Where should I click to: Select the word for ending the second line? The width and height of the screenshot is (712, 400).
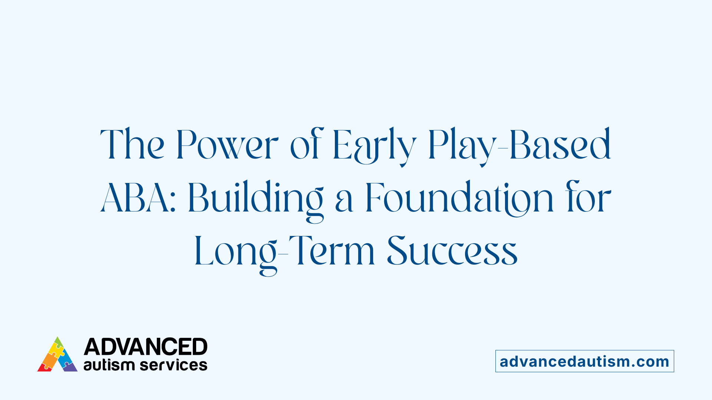pyautogui.click(x=588, y=198)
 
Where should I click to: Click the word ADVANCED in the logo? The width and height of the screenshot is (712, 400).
pyautogui.click(x=145, y=347)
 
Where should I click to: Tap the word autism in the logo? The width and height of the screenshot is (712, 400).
pyautogui.click(x=109, y=365)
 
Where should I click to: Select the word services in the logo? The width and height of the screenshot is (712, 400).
pyautogui.click(x=174, y=365)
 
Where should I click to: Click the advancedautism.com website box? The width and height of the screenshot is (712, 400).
pyautogui.click(x=584, y=361)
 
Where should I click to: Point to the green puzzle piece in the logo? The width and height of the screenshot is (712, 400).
pyautogui.click(x=58, y=341)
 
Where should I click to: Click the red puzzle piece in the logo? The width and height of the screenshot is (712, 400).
pyautogui.click(x=44, y=367)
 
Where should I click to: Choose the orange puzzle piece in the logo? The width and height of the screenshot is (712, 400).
pyautogui.click(x=49, y=359)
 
